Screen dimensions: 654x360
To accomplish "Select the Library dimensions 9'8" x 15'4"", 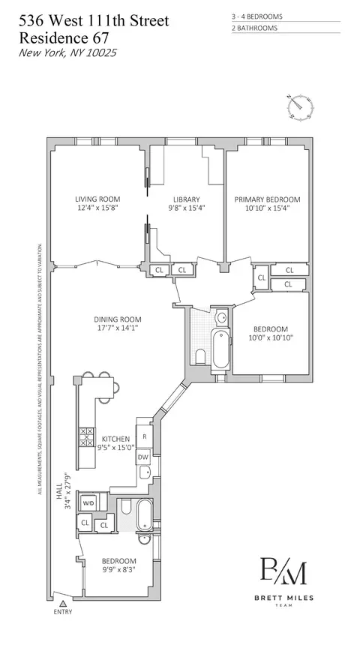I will pos(184,208).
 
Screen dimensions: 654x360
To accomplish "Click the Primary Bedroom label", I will pos(267,199).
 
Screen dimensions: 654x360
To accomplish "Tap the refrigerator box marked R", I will pos(143,435).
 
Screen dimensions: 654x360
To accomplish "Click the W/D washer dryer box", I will pos(88,502).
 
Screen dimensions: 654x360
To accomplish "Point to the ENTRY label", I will pos(64,612).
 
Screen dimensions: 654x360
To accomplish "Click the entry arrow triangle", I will pos(64,601).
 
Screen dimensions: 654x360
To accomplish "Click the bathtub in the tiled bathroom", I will pos(220,351).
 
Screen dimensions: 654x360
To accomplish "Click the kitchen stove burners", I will pos(87,437).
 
